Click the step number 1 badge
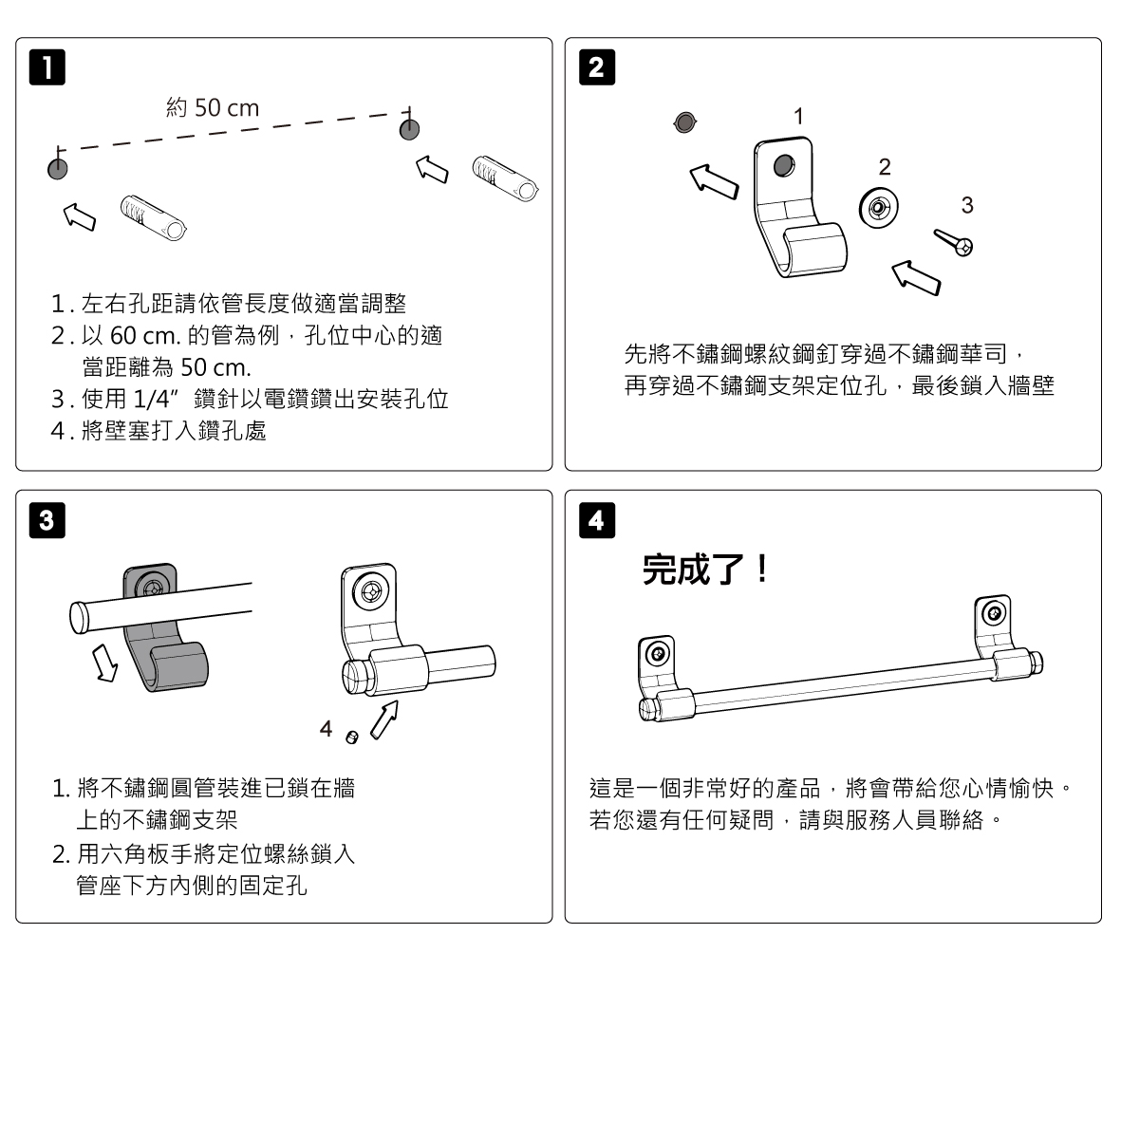[x=48, y=69]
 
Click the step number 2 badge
[x=596, y=68]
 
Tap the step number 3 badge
[x=48, y=520]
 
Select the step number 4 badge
[x=596, y=520]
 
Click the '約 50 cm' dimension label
[x=213, y=108]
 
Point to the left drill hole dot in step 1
[x=57, y=169]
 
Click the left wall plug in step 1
[x=153, y=218]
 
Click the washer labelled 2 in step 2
[x=879, y=208]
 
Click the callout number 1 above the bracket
[x=799, y=116]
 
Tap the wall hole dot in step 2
[x=683, y=121]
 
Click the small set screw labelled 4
[x=351, y=738]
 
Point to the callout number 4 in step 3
[x=326, y=729]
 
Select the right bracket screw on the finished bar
[x=994, y=612]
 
